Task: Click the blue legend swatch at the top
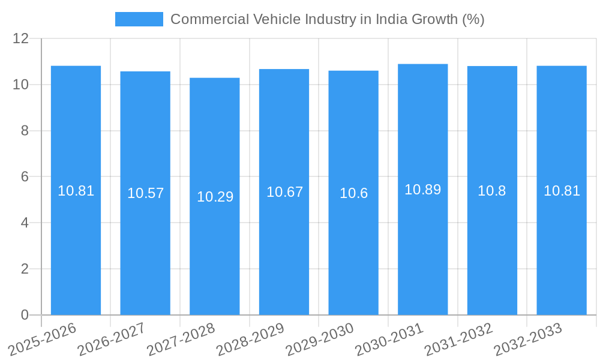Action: (139, 19)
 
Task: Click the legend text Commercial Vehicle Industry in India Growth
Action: (327, 19)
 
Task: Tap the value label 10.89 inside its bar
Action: (422, 190)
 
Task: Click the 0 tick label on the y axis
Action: (25, 315)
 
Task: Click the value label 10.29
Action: (215, 197)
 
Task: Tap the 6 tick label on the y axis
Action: (25, 177)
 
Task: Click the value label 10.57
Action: (145, 193)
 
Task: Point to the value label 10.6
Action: (353, 193)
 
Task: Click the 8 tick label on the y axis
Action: (25, 131)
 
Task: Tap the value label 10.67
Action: (284, 192)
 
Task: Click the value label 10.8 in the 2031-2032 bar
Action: (492, 191)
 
